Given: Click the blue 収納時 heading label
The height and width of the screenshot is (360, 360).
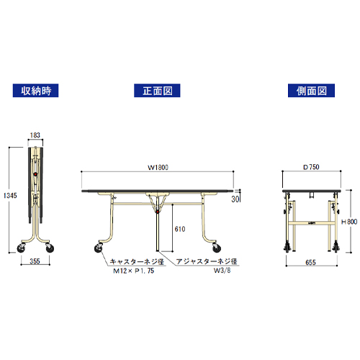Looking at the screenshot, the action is tap(35, 91).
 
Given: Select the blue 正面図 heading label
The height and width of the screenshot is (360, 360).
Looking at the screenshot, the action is tap(157, 91).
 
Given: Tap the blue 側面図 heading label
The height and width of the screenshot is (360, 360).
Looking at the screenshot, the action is tap(311, 91).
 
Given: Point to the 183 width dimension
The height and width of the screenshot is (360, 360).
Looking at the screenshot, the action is tap(35, 135).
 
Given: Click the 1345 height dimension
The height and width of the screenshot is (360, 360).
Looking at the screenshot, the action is tap(10, 196).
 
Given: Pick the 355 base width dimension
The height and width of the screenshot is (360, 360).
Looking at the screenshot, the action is tap(35, 261).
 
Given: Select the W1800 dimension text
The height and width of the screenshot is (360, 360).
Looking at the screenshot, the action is tap(158, 167).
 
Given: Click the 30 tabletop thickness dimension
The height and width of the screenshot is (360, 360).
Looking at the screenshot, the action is tap(235, 199).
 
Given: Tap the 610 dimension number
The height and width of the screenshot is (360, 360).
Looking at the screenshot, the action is tap(180, 229).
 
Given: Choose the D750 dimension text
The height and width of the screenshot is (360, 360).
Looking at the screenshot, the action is tap(311, 167).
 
